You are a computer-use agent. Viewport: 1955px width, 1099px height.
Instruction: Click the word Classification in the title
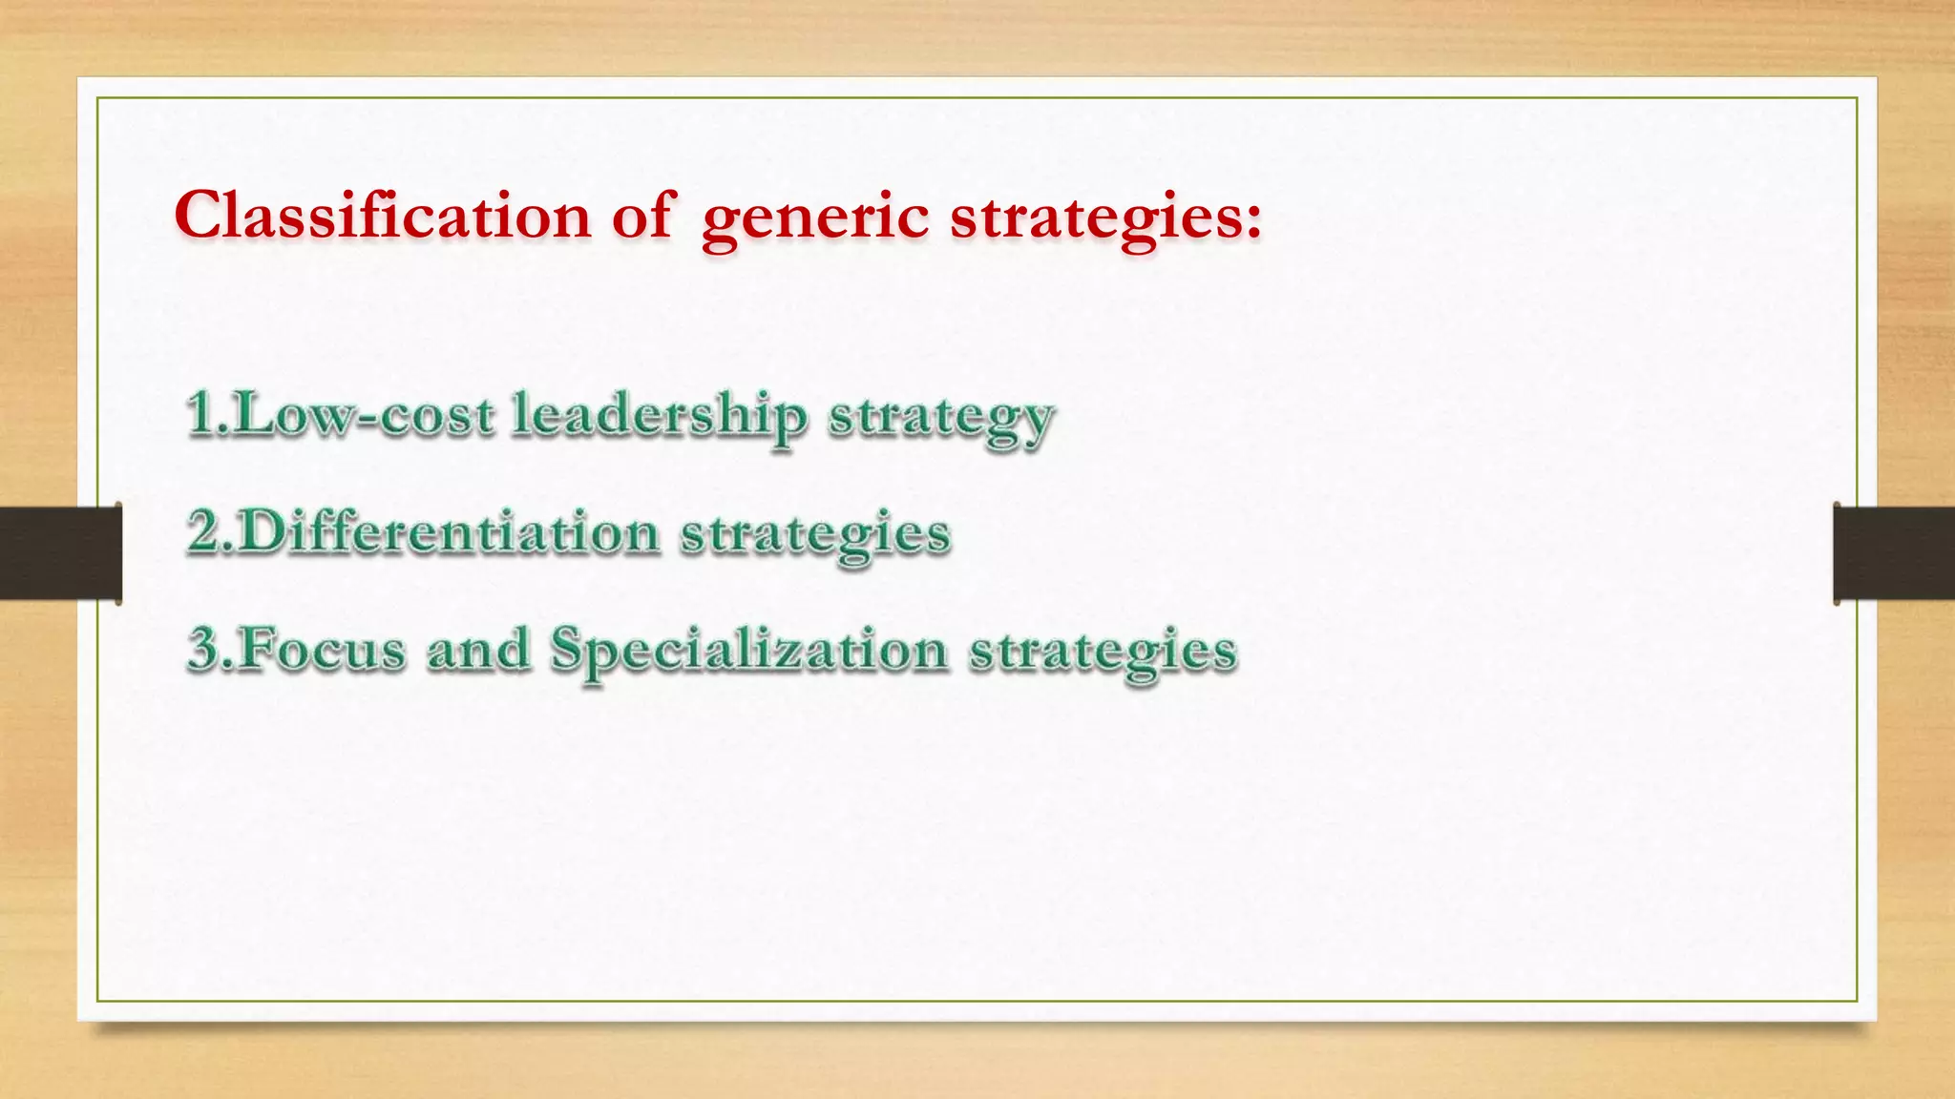pyautogui.click(x=382, y=216)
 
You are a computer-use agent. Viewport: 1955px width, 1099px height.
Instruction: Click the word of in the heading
pyautogui.click(x=643, y=216)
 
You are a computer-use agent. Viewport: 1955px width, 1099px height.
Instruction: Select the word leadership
pyautogui.click(x=659, y=417)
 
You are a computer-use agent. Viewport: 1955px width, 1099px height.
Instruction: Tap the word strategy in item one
pyautogui.click(x=940, y=420)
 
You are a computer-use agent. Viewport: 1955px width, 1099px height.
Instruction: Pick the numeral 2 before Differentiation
pyautogui.click(x=204, y=531)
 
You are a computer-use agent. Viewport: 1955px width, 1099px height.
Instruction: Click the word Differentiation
pyautogui.click(x=449, y=531)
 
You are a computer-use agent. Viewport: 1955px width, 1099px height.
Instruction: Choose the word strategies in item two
pyautogui.click(x=815, y=535)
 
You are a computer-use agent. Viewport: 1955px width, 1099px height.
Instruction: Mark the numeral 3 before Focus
pyautogui.click(x=204, y=649)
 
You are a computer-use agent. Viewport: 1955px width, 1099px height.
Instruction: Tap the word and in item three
pyautogui.click(x=477, y=650)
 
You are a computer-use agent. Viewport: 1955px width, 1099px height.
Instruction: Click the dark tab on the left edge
pyautogui.click(x=60, y=553)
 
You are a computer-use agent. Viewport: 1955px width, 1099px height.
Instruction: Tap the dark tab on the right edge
pyautogui.click(x=1894, y=553)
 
